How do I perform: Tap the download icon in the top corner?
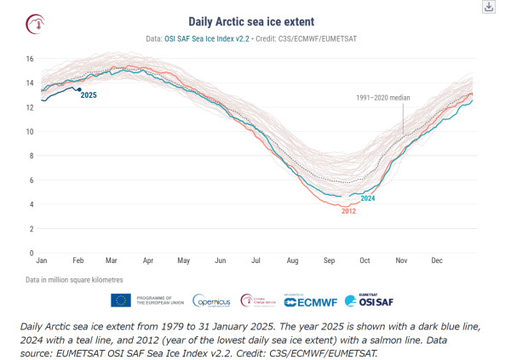489,6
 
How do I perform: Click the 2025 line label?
89,95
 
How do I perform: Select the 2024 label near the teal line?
368,198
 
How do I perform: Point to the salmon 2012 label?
347,210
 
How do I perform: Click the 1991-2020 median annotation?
382,98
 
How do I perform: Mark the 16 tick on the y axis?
29,59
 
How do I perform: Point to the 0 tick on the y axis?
31,253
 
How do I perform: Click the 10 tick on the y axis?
29,132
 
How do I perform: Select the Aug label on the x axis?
293,259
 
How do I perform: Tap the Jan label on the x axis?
40,259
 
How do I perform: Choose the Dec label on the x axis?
437,259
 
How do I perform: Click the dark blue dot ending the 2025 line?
79,89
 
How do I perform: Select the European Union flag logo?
121,300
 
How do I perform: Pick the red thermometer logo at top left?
37,23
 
